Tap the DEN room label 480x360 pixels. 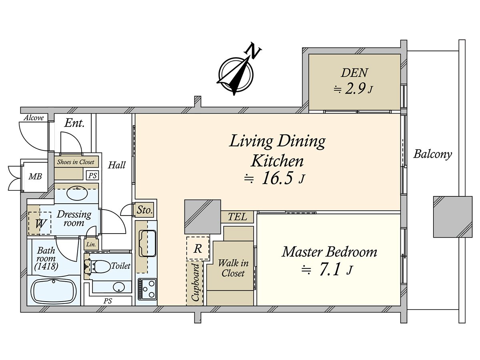click(354, 73)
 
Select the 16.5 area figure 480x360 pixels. click(277, 178)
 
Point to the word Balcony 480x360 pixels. click(432, 154)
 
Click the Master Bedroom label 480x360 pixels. click(329, 252)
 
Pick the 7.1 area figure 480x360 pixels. click(330, 270)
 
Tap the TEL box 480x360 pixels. click(237, 217)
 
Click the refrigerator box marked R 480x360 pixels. click(198, 248)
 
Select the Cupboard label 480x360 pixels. click(195, 282)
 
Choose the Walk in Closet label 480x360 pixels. click(233, 268)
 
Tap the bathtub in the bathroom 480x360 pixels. click(54, 291)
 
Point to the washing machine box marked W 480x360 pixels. click(40, 223)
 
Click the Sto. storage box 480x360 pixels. click(144, 210)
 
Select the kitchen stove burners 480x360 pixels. click(147, 289)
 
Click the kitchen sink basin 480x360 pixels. click(148, 243)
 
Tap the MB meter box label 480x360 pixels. click(35, 176)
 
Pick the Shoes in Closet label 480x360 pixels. click(76, 162)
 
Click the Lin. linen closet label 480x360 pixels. click(91, 244)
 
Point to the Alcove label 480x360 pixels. click(34, 118)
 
